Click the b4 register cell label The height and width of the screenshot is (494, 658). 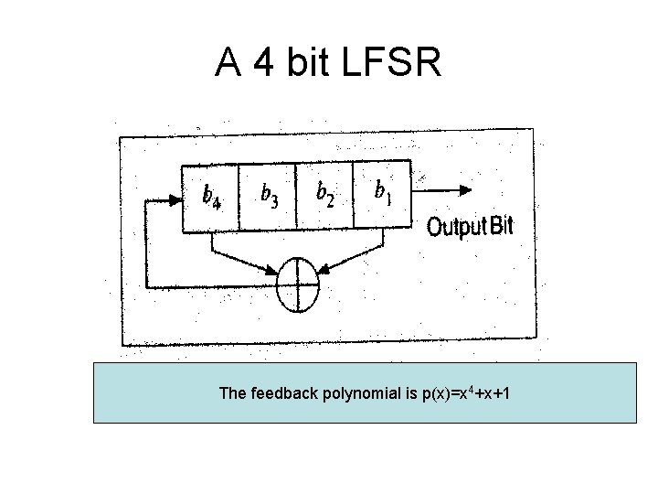point(211,195)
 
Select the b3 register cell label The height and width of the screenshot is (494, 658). point(270,193)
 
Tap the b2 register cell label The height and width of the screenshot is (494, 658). point(324,191)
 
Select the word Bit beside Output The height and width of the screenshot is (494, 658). point(502,226)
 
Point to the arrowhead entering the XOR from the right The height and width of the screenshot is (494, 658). point(324,269)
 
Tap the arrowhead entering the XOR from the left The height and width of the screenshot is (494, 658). point(275,270)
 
